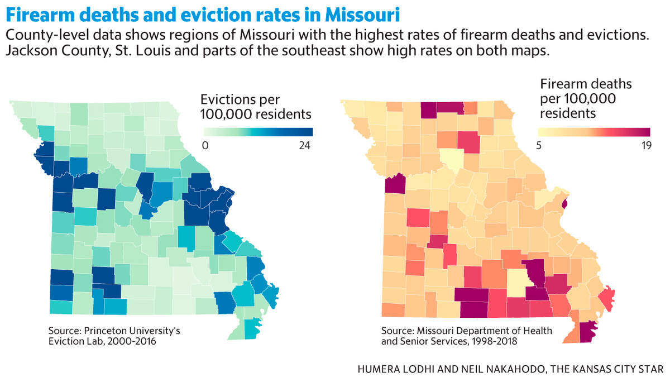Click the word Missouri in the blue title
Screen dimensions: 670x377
click(x=362, y=15)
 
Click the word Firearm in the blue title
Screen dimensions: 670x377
click(x=40, y=15)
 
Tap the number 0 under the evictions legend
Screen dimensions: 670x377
click(x=205, y=145)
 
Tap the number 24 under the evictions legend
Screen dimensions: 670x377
click(x=304, y=145)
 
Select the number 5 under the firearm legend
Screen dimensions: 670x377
click(x=539, y=145)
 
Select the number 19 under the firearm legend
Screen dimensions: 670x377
click(x=647, y=145)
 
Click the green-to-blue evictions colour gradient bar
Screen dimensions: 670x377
click(x=259, y=132)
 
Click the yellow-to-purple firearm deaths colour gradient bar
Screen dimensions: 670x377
click(x=594, y=132)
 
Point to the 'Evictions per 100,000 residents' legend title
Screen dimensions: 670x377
click(x=256, y=107)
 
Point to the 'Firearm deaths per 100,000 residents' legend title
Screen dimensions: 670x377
click(x=586, y=99)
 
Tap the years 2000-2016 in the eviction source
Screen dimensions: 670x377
click(x=132, y=341)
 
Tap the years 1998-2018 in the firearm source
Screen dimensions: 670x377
click(x=492, y=341)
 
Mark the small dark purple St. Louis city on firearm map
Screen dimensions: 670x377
click(x=564, y=204)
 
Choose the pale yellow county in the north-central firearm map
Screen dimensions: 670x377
click(x=452, y=159)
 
